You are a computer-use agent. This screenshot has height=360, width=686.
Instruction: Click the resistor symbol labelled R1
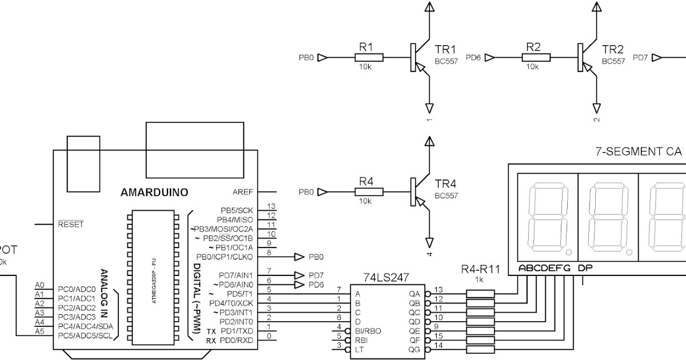pyautogui.click(x=369, y=57)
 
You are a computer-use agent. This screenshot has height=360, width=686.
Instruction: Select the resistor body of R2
pyautogui.click(x=536, y=57)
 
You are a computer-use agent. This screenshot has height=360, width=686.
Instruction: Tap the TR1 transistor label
pyautogui.click(x=446, y=49)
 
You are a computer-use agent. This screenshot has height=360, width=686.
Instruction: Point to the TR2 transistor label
pyautogui.click(x=612, y=49)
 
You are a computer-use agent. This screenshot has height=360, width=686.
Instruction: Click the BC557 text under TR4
pyautogui.click(x=446, y=195)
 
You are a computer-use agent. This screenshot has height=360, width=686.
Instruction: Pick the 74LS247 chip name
pyautogui.click(x=386, y=277)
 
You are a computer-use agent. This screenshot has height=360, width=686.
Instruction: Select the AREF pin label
pyautogui.click(x=242, y=192)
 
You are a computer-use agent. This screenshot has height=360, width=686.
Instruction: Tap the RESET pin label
pyautogui.click(x=71, y=225)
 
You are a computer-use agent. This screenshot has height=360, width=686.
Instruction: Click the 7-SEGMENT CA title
pyautogui.click(x=639, y=152)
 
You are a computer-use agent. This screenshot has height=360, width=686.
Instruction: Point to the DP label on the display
pyautogui.click(x=584, y=268)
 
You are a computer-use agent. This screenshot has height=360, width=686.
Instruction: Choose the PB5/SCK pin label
pyautogui.click(x=236, y=210)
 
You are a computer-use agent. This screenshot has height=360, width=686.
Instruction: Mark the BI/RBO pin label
pyautogui.click(x=368, y=331)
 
